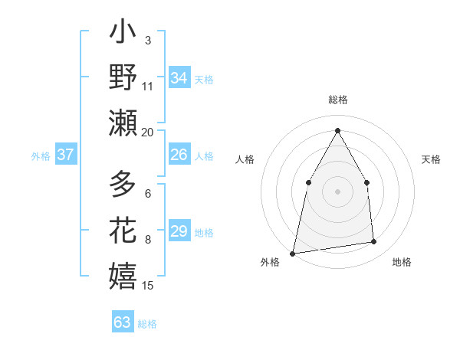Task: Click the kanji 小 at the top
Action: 123,34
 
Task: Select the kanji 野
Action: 123,78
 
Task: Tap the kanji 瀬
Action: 123,123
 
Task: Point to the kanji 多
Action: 123,185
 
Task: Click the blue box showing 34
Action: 179,78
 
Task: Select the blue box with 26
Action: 179,155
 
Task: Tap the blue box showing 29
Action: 179,231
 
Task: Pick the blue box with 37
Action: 65,155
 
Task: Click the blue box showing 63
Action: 122,322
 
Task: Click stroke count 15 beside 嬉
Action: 148,286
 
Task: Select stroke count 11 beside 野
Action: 148,85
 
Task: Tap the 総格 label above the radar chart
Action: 337,100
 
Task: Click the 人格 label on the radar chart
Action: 245,159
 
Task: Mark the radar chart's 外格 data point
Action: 292,254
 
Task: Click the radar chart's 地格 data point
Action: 374,242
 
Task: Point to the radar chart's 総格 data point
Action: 337,129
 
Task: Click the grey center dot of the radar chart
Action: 337,191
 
